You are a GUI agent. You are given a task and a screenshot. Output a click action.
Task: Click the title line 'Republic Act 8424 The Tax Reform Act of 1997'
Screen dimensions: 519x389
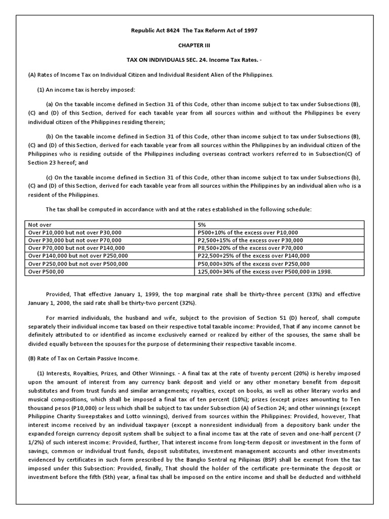194,30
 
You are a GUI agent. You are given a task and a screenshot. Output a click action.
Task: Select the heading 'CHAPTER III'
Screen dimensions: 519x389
194,45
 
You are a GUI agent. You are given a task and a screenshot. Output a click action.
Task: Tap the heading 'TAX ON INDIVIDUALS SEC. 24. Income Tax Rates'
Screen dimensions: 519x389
194,60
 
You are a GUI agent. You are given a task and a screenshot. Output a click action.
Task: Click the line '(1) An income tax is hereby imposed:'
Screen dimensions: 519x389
86,90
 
